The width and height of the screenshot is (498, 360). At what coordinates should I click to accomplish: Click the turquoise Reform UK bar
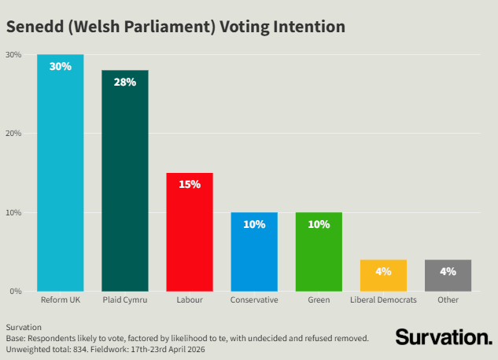click(x=61, y=173)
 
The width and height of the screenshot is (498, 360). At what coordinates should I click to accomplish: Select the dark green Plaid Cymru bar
click(x=125, y=181)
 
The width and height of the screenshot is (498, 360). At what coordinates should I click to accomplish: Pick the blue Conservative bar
click(x=254, y=252)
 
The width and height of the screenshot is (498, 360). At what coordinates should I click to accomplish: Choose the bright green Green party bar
click(x=319, y=252)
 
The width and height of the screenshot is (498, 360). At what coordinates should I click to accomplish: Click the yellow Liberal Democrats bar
click(x=383, y=276)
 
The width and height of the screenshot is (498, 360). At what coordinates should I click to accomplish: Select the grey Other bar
click(x=448, y=276)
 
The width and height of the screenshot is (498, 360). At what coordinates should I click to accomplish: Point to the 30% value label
click(x=61, y=67)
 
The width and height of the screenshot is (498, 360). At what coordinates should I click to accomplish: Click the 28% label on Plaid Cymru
click(x=125, y=83)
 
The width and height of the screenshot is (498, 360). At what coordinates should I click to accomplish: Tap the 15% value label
click(x=190, y=185)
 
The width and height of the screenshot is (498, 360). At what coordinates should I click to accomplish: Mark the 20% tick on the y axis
click(x=13, y=134)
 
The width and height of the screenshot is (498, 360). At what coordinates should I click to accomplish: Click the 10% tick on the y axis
click(x=13, y=212)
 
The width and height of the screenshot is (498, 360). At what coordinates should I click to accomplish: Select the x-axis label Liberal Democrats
click(x=383, y=300)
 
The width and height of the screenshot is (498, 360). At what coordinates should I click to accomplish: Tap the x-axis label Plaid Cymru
click(x=125, y=300)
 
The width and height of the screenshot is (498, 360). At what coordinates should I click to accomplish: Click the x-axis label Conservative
click(x=254, y=300)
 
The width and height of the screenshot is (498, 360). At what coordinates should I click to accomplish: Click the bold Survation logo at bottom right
click(x=443, y=337)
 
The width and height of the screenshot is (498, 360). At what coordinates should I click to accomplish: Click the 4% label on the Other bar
click(x=448, y=271)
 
